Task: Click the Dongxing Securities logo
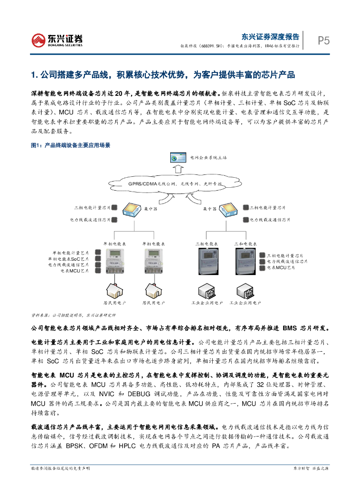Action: [x=57, y=41]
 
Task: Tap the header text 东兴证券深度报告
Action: [x=270, y=36]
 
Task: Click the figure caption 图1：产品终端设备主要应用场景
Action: [x=70, y=145]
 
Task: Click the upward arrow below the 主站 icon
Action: [x=178, y=169]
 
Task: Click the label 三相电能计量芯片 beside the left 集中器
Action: [x=93, y=208]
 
